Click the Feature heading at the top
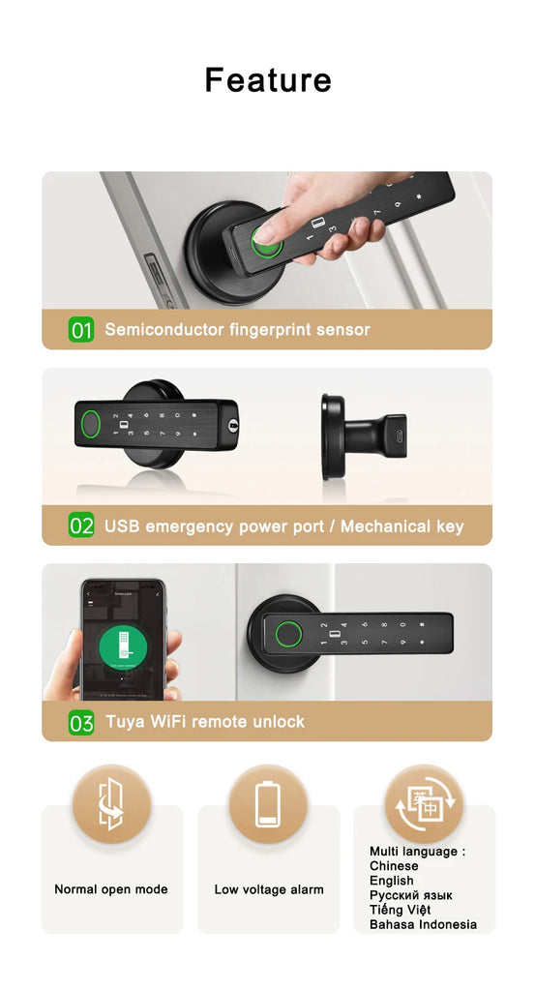click(268, 80)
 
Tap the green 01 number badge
click(81, 330)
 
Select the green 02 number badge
click(81, 526)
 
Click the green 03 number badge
click(81, 722)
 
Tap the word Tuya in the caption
click(125, 722)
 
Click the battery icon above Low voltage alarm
click(268, 805)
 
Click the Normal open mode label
click(111, 889)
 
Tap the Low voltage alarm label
click(269, 889)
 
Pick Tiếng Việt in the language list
click(400, 910)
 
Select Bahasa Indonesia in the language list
click(423, 924)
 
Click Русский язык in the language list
click(410, 895)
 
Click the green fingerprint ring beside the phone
click(284, 635)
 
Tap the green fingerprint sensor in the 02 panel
click(89, 424)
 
